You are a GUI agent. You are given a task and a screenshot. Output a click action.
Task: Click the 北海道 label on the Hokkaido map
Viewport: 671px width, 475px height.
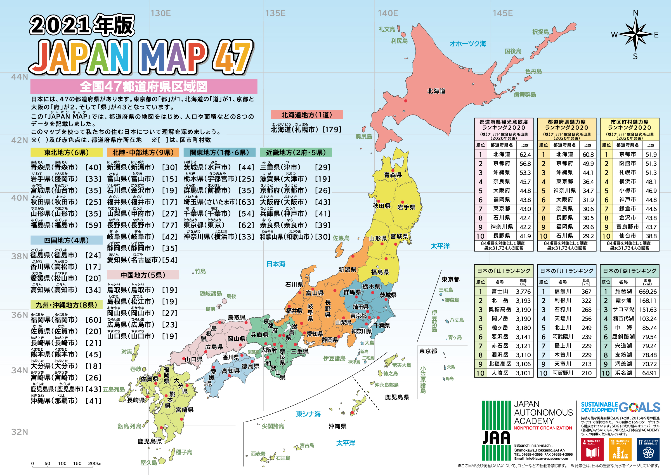(436, 91)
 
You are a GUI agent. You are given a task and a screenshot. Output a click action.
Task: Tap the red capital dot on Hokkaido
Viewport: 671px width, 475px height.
(406, 101)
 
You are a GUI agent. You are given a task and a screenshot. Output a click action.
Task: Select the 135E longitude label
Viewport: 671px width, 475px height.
(275, 13)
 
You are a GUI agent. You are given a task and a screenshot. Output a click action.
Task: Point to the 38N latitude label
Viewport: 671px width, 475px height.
(20, 256)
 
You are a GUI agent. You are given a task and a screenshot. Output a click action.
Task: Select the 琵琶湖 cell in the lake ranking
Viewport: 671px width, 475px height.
(623, 292)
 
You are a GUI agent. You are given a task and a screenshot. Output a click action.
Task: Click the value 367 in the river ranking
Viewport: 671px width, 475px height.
(586, 292)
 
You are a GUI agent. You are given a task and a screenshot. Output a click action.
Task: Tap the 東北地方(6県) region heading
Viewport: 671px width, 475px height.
(66, 152)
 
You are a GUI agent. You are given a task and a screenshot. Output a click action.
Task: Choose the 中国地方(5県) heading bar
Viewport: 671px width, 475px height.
(143, 275)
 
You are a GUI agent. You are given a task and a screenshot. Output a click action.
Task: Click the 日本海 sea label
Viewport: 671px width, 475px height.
(276, 264)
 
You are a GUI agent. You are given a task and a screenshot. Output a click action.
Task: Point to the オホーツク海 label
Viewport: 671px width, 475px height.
(467, 44)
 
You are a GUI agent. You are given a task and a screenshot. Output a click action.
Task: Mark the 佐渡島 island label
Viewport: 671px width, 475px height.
(341, 238)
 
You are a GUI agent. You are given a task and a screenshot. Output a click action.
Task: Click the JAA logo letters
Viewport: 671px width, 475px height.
(496, 438)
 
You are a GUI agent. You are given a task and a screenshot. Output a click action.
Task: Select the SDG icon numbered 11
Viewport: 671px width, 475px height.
(620, 449)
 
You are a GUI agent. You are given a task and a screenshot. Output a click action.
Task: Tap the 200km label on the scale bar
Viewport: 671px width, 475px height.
(95, 463)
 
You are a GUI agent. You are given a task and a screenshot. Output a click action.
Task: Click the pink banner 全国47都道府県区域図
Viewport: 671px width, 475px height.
(144, 87)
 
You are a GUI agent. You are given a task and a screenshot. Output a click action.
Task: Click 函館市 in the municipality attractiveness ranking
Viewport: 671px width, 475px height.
(627, 163)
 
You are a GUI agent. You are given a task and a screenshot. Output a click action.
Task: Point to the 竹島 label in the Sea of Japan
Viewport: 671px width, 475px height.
(200, 271)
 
